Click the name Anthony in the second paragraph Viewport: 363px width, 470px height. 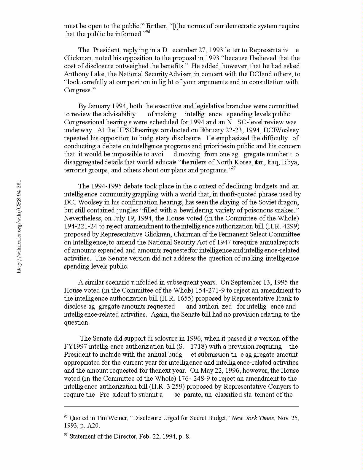(x=75, y=74)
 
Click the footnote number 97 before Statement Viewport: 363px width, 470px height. (x=66, y=435)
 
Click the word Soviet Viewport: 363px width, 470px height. (x=266, y=202)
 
